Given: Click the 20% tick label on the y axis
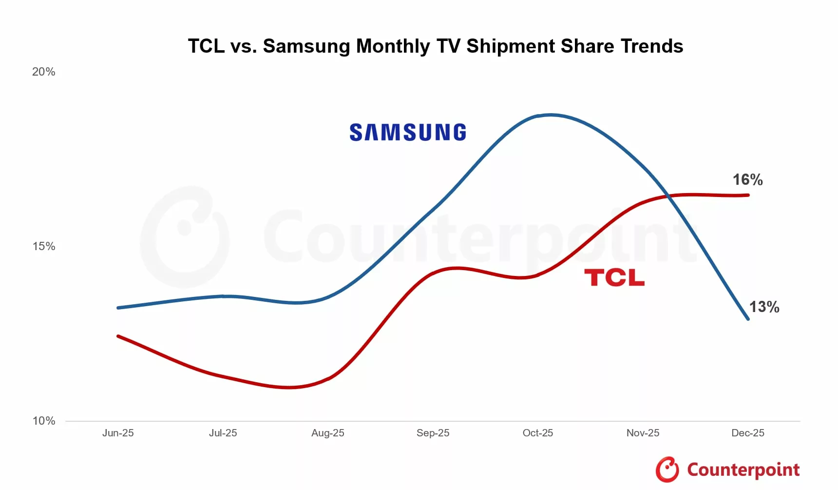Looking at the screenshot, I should [43, 72].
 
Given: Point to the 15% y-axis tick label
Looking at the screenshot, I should [43, 247].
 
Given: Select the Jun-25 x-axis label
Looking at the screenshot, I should [118, 433].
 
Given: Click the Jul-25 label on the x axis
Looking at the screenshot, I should [223, 433].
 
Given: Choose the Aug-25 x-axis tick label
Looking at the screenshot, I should [328, 433].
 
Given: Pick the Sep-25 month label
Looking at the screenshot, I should [433, 433].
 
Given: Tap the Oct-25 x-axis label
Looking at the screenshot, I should [538, 433].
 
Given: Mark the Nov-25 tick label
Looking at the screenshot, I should [643, 433].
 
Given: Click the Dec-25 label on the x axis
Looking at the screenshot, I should [748, 433].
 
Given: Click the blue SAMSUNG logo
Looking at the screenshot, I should [408, 133].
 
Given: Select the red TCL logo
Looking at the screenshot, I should [614, 277].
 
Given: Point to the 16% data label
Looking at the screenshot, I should [747, 180].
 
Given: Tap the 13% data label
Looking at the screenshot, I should [764, 307].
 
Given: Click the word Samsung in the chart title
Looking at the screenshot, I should [306, 46].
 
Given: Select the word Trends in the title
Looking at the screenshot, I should [652, 46].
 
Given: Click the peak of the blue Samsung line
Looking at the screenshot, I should [550, 115].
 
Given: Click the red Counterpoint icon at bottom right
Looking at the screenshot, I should [667, 470].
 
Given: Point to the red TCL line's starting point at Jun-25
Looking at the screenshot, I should [118, 336].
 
